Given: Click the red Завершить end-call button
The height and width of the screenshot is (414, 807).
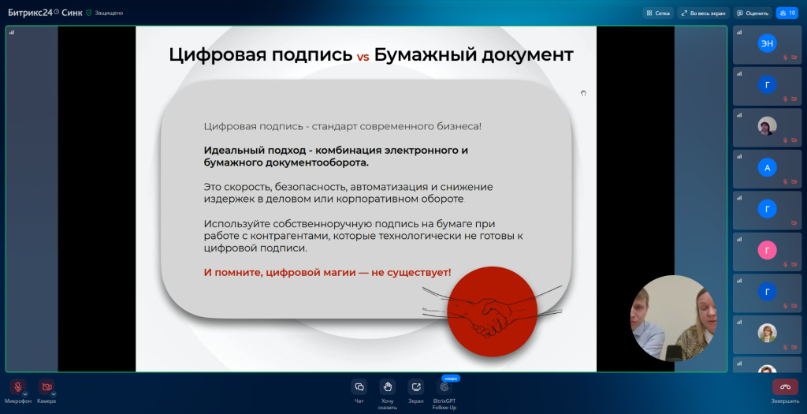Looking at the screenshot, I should tap(784, 386).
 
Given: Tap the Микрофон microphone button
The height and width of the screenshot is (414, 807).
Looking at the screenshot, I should tap(17, 386).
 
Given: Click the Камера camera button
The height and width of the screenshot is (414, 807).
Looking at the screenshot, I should tap(46, 386).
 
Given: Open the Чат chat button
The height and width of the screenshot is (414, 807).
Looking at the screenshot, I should tap(359, 386).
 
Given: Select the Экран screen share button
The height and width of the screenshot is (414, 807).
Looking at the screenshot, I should tap(415, 386).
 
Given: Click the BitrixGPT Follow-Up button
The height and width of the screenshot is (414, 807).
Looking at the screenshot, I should tap(444, 387).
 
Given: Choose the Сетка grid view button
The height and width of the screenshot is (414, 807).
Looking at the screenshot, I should tap(658, 13).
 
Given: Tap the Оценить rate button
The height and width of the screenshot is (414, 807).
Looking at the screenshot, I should tap(753, 13).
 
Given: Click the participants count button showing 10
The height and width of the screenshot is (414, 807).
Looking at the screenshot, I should tap(787, 13).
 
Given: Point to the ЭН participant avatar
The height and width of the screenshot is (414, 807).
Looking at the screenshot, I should tap(767, 44).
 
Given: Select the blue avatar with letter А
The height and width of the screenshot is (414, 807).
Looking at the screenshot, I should tap(767, 167).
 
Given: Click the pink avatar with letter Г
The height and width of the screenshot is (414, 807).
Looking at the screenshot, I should tap(767, 250).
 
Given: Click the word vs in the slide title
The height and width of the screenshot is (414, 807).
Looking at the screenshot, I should tap(363, 57).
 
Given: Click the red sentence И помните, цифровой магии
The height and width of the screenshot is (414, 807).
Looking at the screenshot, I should tap(327, 272).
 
